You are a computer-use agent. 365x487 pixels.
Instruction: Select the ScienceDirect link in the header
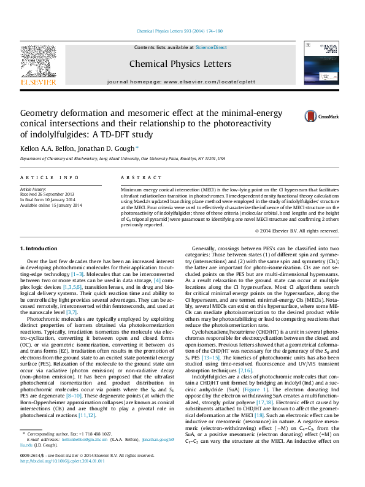(211, 47)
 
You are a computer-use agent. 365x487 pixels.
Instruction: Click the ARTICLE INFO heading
(50, 177)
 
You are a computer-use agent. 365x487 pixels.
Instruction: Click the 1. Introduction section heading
(39, 248)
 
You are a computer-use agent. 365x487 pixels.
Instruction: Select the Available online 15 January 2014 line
(51, 205)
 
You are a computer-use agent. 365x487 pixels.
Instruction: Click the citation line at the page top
(182, 31)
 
